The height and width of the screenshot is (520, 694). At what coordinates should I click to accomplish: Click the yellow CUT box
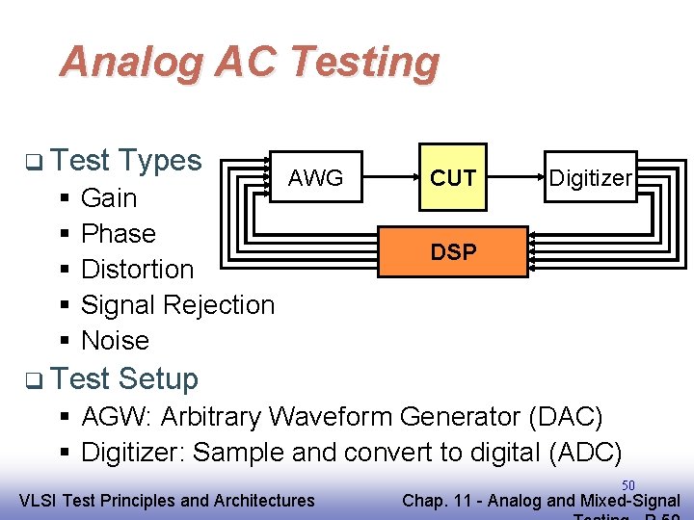(453, 178)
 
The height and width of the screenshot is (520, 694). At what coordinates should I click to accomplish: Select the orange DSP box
(453, 252)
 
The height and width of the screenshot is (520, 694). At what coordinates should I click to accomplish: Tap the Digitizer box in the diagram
(590, 177)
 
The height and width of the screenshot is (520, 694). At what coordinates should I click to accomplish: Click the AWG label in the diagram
(315, 178)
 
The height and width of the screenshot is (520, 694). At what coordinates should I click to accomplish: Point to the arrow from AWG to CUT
(381, 178)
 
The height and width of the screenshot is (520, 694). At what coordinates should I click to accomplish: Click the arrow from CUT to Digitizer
(516, 178)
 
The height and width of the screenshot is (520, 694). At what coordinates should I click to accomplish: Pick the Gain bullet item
(109, 198)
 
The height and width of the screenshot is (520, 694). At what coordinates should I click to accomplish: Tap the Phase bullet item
(118, 234)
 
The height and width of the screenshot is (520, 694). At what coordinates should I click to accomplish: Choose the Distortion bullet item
(137, 270)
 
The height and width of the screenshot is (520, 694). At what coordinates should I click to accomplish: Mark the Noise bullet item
(115, 341)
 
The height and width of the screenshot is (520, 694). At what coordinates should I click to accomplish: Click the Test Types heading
(125, 160)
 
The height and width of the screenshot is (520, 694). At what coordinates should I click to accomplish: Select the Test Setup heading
(124, 378)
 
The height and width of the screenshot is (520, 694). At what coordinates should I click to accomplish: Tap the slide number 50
(627, 485)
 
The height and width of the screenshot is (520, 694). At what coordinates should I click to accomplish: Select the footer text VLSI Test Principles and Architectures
(167, 500)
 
